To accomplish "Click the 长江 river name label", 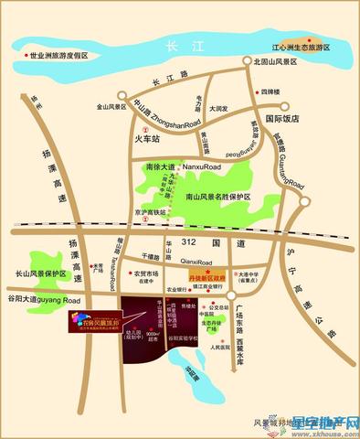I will [172, 42].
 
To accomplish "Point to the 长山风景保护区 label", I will [41, 273].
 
